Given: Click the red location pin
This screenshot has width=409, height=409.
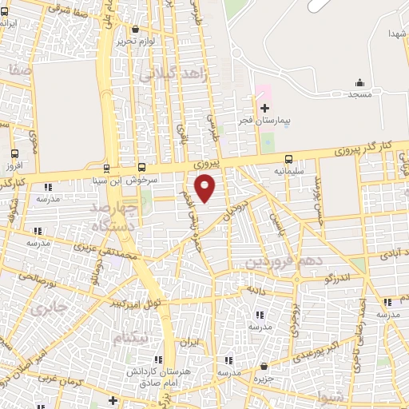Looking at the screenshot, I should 206,187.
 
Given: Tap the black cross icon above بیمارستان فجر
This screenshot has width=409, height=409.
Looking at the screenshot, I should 265,107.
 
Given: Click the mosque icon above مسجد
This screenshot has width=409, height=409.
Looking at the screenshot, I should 359,81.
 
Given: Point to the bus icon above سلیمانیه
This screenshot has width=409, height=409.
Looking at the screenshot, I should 289,158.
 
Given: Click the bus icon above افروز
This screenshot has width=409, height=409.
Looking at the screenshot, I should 14,154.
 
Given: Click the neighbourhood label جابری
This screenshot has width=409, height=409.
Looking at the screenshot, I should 46,306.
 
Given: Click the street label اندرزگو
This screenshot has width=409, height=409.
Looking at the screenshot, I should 320,276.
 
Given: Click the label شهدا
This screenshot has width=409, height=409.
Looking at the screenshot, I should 397,34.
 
